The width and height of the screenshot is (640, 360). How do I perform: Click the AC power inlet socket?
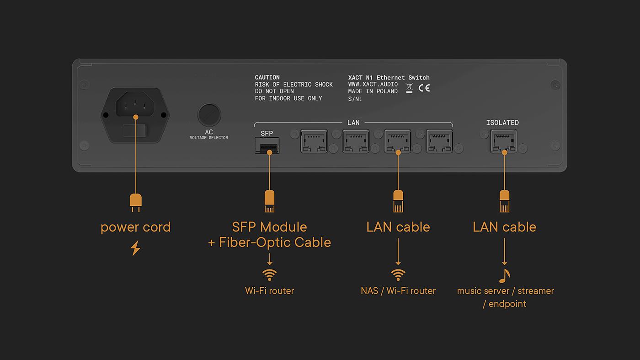[x=135, y=105]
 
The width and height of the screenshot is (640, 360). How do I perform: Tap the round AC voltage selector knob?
[x=209, y=115]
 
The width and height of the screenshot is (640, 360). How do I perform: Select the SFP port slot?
[x=267, y=145]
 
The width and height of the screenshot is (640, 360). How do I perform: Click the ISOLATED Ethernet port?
[x=503, y=141]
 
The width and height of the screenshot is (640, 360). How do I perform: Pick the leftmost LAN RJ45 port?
[x=314, y=141]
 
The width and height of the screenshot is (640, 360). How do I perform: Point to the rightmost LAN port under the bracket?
[x=439, y=141]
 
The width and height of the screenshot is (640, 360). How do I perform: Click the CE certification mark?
[x=424, y=88]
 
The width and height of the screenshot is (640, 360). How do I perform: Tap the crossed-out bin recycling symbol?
[x=409, y=88]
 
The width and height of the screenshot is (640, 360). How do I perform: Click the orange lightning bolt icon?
[x=135, y=248]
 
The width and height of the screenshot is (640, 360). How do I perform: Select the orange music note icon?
[x=504, y=276]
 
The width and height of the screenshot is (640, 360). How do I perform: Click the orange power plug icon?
[x=135, y=203]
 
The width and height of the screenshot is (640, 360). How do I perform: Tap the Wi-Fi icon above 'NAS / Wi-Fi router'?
[x=398, y=275]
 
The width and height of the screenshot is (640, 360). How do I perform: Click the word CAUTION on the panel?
[x=267, y=77]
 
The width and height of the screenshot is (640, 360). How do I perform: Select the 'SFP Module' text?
[x=269, y=227]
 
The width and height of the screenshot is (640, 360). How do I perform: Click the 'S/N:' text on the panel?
[x=355, y=99]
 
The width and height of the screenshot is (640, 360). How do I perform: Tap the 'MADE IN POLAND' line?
[x=373, y=91]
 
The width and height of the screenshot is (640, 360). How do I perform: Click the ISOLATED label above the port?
[x=502, y=123]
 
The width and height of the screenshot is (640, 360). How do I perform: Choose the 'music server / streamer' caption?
[x=506, y=291]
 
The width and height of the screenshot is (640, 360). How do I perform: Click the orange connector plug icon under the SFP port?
[x=269, y=201]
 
